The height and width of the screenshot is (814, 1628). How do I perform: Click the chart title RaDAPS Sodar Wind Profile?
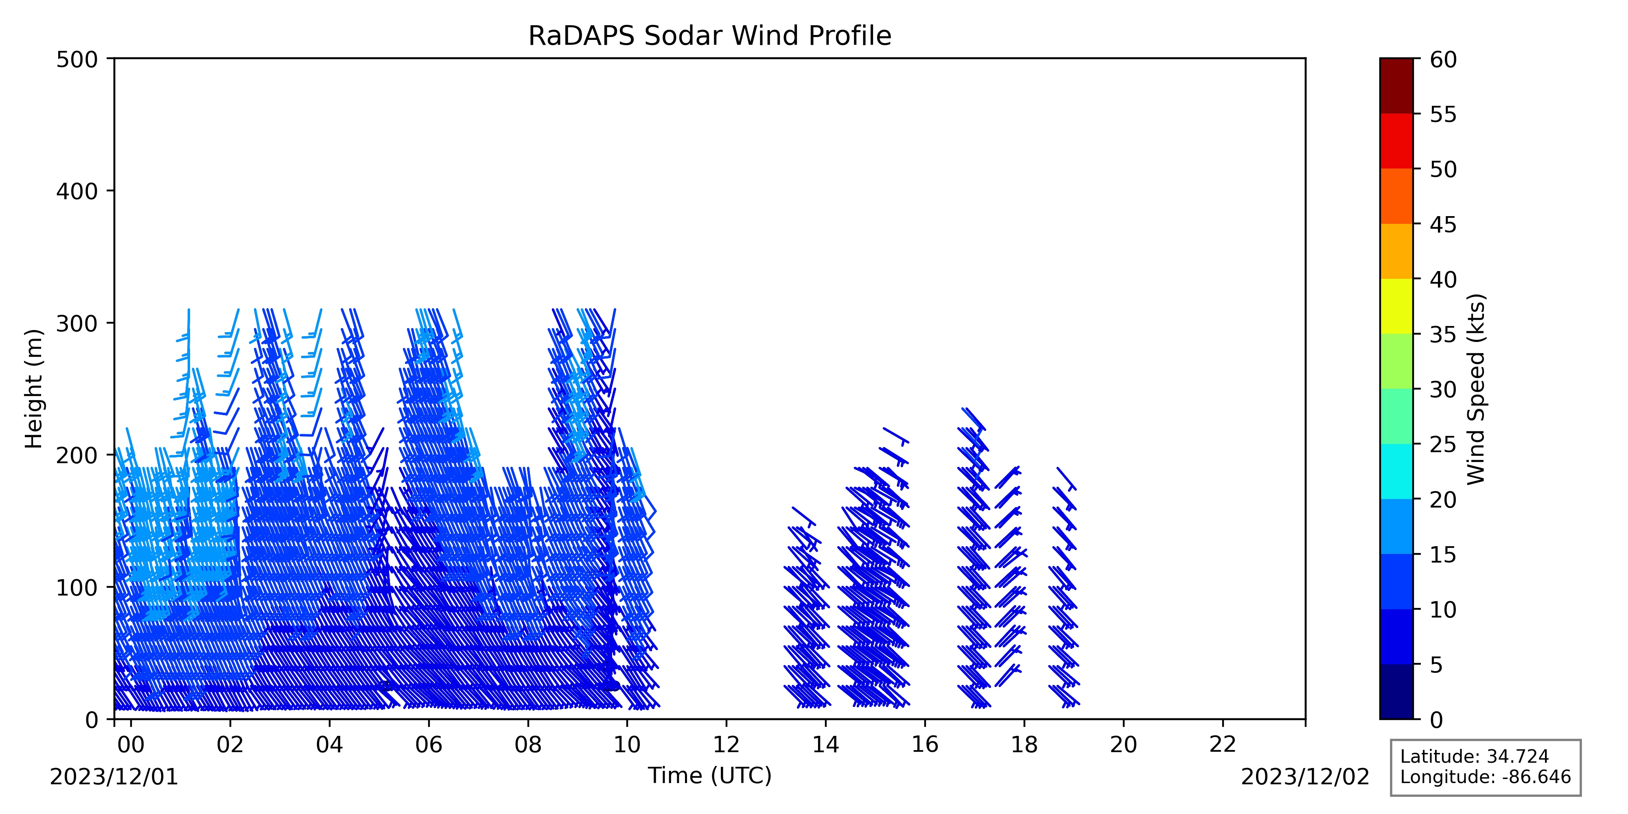point(710,36)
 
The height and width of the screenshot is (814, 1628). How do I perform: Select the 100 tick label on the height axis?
point(77,588)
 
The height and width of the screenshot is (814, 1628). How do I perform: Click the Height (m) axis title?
point(34,389)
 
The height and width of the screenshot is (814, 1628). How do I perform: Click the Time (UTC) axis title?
point(710,775)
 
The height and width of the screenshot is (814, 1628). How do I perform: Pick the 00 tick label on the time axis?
point(131,745)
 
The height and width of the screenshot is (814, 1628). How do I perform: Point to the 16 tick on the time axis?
point(925,722)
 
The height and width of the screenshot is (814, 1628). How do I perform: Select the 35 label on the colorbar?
point(1444,334)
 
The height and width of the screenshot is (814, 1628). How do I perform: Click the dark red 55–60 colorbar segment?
point(1396,86)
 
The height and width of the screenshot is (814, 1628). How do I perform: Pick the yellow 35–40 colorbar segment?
point(1396,306)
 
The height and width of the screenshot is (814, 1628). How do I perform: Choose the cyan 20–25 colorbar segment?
point(1396,471)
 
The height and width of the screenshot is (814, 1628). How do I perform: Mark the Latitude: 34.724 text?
point(1475,757)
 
